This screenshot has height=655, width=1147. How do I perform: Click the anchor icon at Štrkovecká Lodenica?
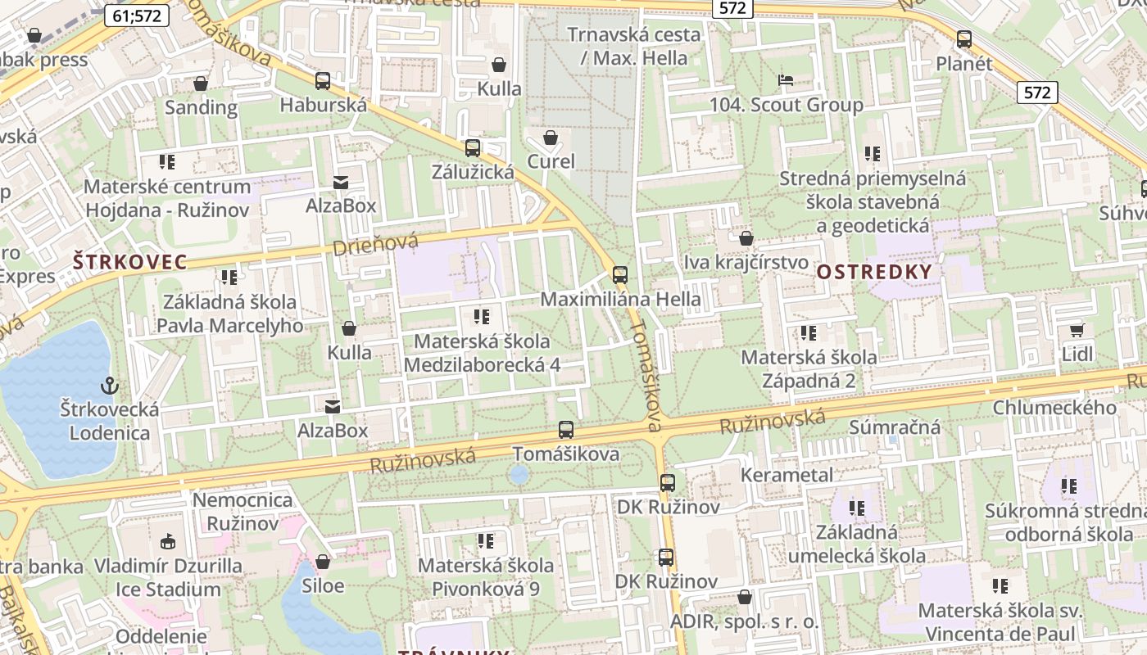(x=108, y=385)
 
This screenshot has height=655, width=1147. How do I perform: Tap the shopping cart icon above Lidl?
(x=1077, y=331)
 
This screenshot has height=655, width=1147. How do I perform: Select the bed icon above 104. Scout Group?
(x=785, y=80)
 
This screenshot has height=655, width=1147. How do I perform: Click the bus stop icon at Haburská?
(x=323, y=81)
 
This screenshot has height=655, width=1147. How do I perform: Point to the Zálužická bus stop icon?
(x=473, y=148)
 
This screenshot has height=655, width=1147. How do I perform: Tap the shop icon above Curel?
(x=551, y=138)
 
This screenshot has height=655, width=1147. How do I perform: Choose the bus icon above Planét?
(x=964, y=38)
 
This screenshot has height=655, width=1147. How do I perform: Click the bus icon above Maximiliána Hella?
(x=620, y=275)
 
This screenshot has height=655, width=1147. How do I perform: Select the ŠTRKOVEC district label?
(x=129, y=263)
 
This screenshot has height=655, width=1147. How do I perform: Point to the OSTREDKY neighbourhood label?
(x=874, y=272)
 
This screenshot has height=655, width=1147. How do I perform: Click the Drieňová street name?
(x=375, y=243)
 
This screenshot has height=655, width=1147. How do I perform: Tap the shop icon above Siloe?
(x=323, y=562)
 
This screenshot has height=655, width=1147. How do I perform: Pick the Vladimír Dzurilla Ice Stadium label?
(x=168, y=577)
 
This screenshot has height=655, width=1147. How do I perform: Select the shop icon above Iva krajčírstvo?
(x=746, y=239)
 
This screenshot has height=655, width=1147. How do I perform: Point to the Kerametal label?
(x=787, y=475)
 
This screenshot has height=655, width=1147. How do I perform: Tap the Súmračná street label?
(x=895, y=427)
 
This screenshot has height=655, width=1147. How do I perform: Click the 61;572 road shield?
(x=137, y=15)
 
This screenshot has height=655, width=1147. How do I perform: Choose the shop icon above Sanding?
(x=201, y=84)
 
